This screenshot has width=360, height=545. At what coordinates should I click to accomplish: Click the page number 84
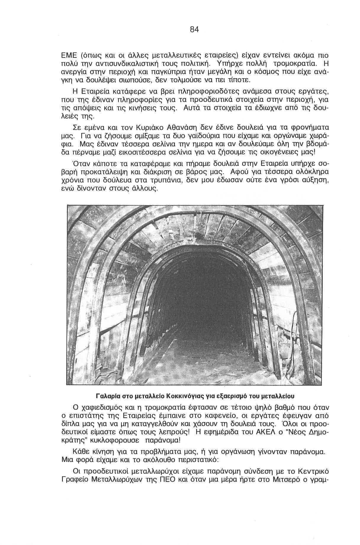click(194, 30)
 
